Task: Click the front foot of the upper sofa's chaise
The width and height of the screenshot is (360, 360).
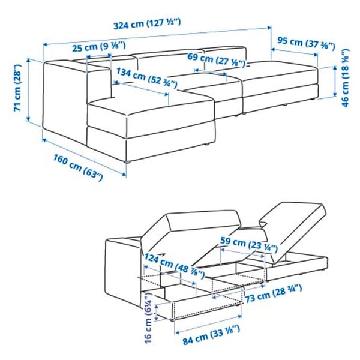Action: click(x=127, y=161)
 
